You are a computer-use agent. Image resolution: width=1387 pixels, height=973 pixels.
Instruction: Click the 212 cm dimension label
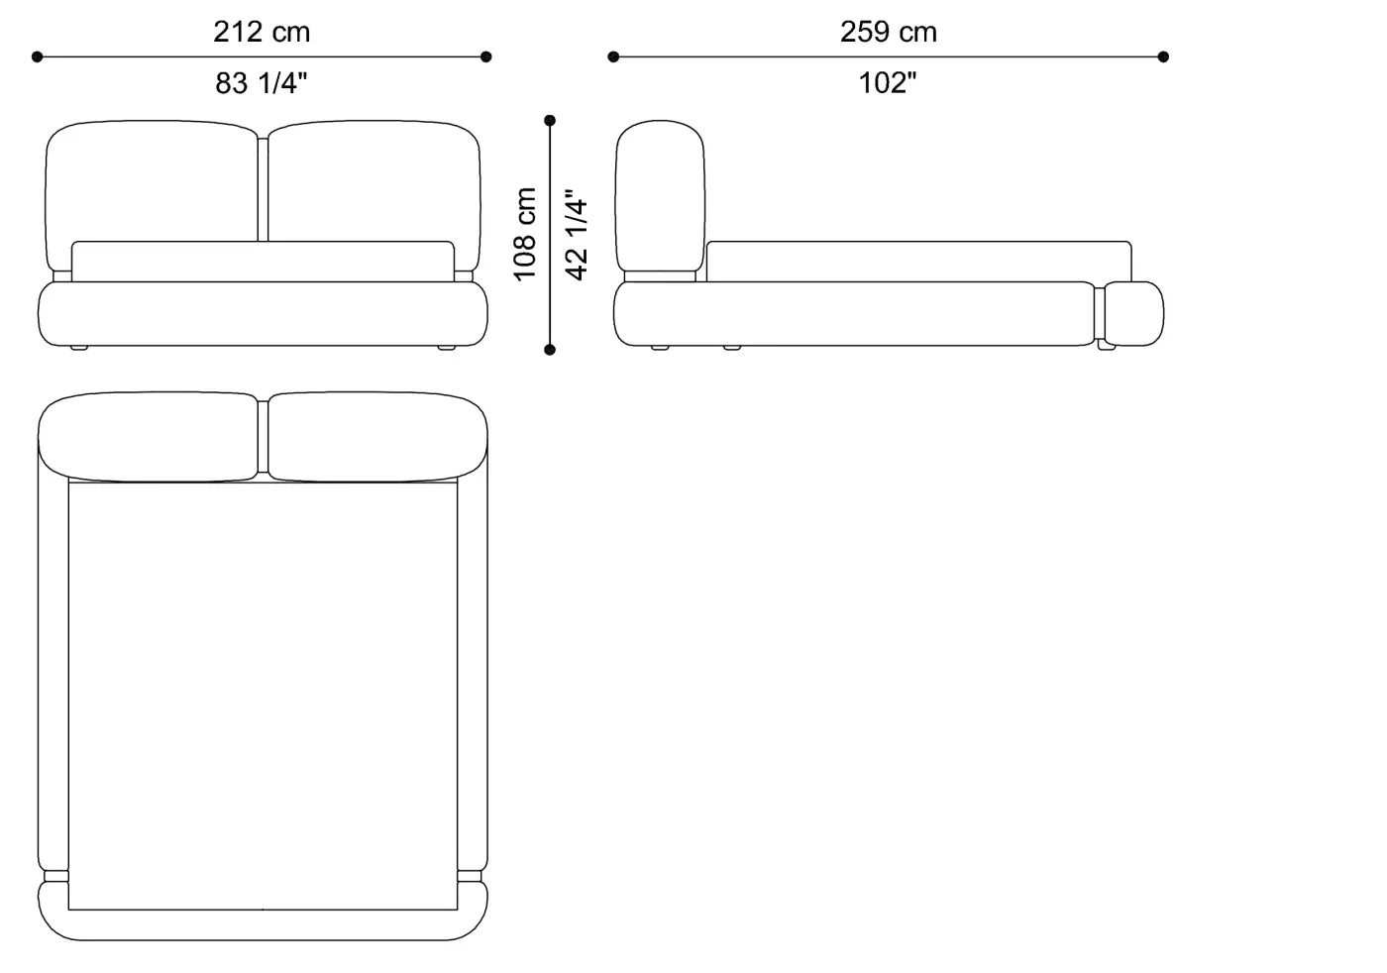point(262,32)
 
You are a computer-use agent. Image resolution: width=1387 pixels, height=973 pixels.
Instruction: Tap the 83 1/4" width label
point(262,83)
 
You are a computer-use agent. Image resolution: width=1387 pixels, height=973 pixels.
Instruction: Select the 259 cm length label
point(889,32)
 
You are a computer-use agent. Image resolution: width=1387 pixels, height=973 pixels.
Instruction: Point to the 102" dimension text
point(888,83)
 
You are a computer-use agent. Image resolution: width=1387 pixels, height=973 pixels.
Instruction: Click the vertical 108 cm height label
point(524,234)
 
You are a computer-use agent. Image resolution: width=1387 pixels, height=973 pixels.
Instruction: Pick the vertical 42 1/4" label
point(577,236)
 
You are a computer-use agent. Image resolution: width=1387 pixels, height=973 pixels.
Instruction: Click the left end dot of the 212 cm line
point(38,57)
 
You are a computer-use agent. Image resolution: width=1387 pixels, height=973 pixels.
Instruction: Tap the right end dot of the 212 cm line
point(486,57)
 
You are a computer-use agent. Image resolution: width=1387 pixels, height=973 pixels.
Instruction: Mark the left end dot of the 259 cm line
point(613,57)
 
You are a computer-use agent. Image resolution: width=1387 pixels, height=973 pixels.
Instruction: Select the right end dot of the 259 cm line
point(1163,57)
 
